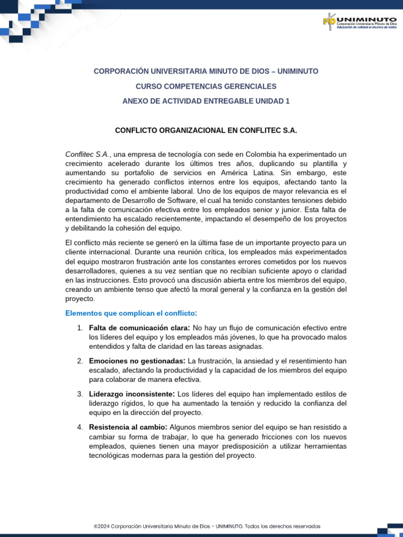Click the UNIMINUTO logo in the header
pyautogui.click(x=359, y=22)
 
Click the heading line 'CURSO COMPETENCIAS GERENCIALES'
pyautogui.click(x=206, y=86)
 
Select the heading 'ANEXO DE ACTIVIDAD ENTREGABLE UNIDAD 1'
pyautogui.click(x=206, y=101)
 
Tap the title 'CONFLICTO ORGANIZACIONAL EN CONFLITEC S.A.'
pyautogui.click(x=206, y=131)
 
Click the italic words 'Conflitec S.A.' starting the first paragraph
pyautogui.click(x=88, y=154)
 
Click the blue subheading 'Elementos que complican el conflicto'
pyautogui.click(x=131, y=313)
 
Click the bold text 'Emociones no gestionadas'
pyautogui.click(x=137, y=361)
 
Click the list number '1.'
pyautogui.click(x=80, y=328)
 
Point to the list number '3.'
pyautogui.click(x=80, y=394)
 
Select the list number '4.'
pyautogui.click(x=80, y=427)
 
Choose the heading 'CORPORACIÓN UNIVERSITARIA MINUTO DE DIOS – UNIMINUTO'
pyautogui.click(x=206, y=71)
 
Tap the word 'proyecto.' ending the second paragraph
pyautogui.click(x=80, y=298)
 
